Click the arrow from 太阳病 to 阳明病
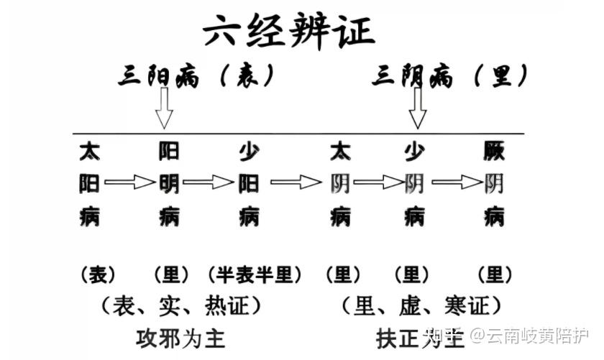coord(130,183)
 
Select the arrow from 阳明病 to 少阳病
coord(209,183)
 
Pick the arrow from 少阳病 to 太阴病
coord(296,183)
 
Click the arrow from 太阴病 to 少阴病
coord(377,183)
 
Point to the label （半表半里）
coord(255,274)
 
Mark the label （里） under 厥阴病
coord(495,274)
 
